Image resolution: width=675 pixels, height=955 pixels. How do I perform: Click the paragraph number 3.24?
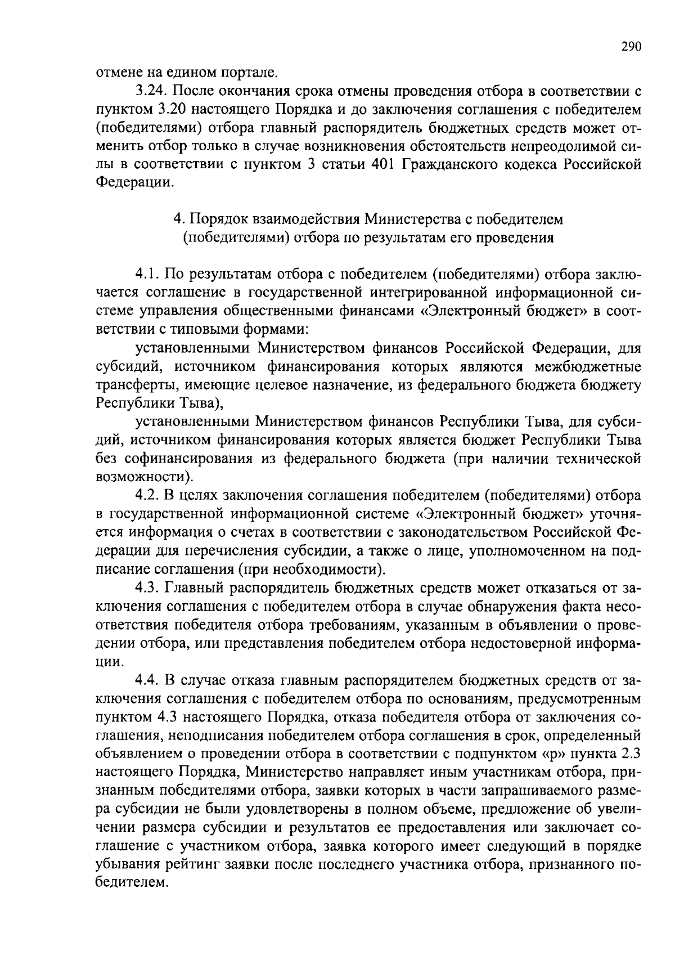[x=151, y=91]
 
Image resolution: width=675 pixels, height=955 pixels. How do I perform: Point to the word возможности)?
[x=145, y=477]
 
